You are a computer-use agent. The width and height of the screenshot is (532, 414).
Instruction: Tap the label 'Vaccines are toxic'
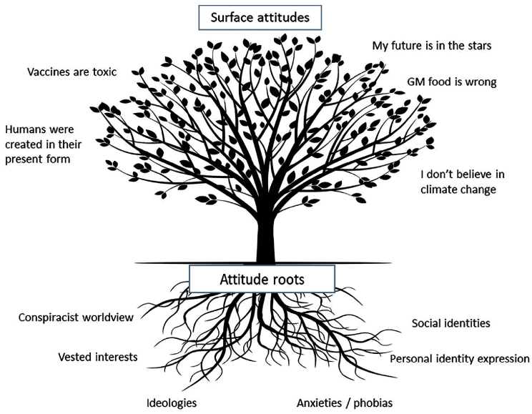pos(72,72)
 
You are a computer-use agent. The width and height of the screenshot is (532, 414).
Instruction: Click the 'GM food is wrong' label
pos(451,82)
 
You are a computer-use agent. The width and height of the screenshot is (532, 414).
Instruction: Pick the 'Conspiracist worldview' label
pos(76,317)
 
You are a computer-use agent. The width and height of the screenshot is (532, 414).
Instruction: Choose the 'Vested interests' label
pos(97,356)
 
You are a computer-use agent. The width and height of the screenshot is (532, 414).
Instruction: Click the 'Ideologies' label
pos(171,402)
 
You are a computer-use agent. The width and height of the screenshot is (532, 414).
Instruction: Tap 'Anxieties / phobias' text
pos(345,402)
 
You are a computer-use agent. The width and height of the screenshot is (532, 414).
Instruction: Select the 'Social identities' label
pos(450,323)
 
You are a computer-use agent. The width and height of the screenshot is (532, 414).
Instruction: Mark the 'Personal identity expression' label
pos(459,358)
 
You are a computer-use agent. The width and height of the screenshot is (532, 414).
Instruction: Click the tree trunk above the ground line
pos(266,236)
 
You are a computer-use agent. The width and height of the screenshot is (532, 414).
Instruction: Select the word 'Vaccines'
pos(50,72)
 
